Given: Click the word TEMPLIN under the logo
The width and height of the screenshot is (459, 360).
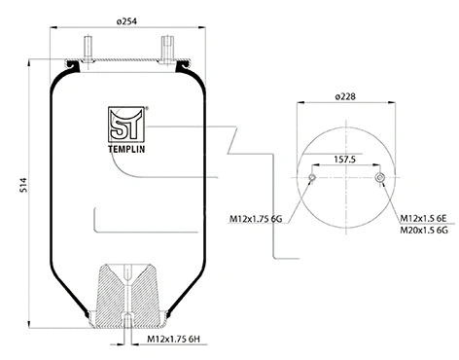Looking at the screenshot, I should (124, 149).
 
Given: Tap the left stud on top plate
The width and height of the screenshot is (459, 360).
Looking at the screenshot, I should (88, 49).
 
